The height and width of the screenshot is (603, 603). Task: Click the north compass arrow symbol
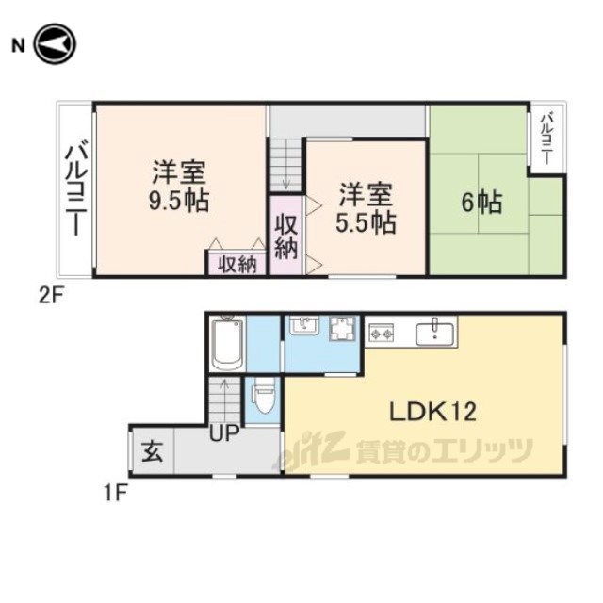(55, 44)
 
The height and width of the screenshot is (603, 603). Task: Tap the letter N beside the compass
(18, 46)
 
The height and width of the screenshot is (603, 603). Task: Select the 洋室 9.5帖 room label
(179, 186)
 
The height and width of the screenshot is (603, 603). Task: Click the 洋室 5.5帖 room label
(366, 208)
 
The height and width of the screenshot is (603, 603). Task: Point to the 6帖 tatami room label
(481, 202)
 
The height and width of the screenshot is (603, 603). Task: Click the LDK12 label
(433, 412)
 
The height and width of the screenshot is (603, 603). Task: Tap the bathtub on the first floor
(228, 344)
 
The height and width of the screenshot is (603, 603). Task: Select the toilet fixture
(264, 395)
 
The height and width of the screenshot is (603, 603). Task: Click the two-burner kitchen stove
(382, 333)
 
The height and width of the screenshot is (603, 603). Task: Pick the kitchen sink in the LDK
(435, 333)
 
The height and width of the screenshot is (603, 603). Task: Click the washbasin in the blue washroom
(303, 325)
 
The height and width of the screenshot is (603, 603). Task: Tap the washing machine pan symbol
(343, 329)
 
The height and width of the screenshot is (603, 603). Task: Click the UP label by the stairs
(224, 433)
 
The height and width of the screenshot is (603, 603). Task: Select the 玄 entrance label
(153, 451)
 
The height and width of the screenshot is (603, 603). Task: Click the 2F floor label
(50, 296)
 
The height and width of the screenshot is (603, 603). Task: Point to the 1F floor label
(115, 494)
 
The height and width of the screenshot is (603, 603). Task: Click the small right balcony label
(546, 139)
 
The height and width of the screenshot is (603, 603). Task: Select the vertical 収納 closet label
(286, 238)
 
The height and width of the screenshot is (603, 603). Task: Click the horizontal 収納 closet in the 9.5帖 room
(237, 264)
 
